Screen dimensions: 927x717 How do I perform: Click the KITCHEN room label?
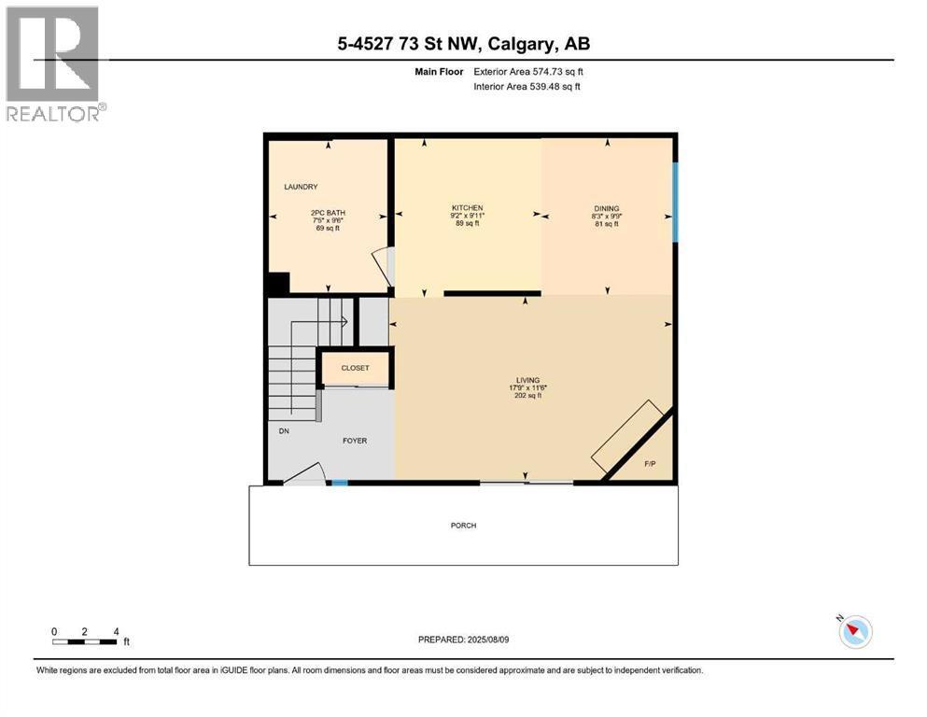(x=467, y=208)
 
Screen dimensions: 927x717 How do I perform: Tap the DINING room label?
(x=607, y=208)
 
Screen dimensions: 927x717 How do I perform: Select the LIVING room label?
(x=528, y=381)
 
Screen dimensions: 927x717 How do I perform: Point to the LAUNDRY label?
(x=301, y=187)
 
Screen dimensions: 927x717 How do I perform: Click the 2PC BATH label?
(x=328, y=213)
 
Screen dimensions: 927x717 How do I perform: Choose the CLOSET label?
(x=355, y=368)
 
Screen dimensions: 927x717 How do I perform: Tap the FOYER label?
(x=355, y=441)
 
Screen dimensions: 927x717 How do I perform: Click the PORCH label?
(x=463, y=526)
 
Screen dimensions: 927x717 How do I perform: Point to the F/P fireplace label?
(x=650, y=464)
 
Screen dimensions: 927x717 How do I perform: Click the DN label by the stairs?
(x=284, y=431)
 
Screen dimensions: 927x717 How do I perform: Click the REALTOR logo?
(x=54, y=63)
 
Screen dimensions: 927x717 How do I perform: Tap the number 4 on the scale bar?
(x=117, y=631)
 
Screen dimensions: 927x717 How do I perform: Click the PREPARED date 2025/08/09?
(x=488, y=640)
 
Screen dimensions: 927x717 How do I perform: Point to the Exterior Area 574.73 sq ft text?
(x=528, y=72)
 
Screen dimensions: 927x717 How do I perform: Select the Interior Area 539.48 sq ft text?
(x=527, y=86)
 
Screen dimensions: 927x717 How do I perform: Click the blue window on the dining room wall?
(x=675, y=203)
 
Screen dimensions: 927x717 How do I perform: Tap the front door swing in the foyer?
(x=304, y=473)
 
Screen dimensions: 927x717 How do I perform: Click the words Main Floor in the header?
(x=439, y=72)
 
